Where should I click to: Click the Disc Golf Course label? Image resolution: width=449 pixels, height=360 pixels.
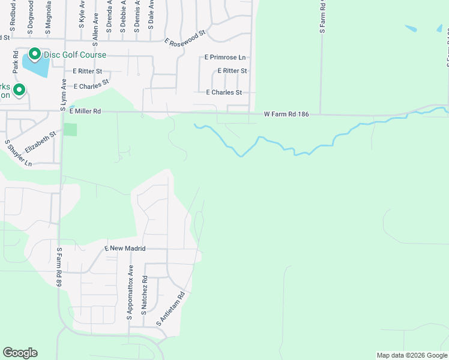(x=74, y=55)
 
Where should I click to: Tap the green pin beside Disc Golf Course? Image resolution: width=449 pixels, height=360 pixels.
(x=35, y=54)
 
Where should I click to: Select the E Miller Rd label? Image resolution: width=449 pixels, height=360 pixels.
(x=86, y=111)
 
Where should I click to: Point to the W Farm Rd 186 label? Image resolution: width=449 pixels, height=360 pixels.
(x=286, y=114)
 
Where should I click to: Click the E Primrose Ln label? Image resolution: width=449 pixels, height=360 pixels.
(x=225, y=58)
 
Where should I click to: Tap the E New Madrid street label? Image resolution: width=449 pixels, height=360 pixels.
(x=125, y=248)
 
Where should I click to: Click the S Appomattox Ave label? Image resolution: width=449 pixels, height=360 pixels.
(x=129, y=292)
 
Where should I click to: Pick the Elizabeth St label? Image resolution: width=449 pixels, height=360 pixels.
(x=40, y=142)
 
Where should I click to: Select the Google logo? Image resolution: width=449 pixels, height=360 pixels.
(x=20, y=353)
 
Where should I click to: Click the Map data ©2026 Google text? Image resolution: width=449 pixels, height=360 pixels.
(x=411, y=355)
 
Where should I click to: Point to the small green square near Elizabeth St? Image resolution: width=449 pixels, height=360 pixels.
(x=71, y=129)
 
